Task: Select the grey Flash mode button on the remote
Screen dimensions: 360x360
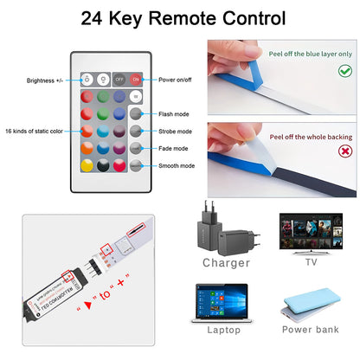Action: click(x=135, y=113)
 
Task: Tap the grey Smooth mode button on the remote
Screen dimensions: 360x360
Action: click(x=135, y=165)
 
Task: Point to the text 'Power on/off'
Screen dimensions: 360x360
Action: click(x=177, y=79)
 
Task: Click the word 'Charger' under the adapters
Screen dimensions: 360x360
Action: click(x=226, y=262)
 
